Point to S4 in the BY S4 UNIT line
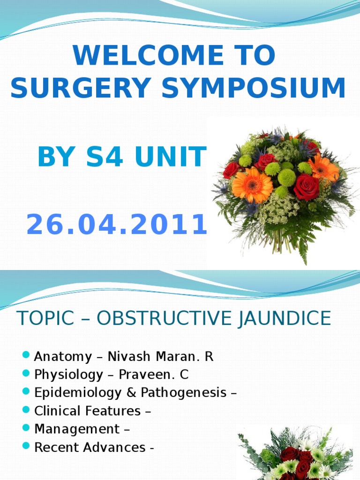coord(105,157)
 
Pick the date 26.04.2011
coord(117,224)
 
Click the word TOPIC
coord(46,318)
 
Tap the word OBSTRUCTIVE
coord(164,318)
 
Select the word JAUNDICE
coord(285,318)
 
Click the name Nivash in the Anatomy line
coord(129,357)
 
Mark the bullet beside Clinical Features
coord(26,410)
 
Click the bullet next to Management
coord(26,427)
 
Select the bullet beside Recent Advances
coord(26,446)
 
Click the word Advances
coord(114,448)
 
